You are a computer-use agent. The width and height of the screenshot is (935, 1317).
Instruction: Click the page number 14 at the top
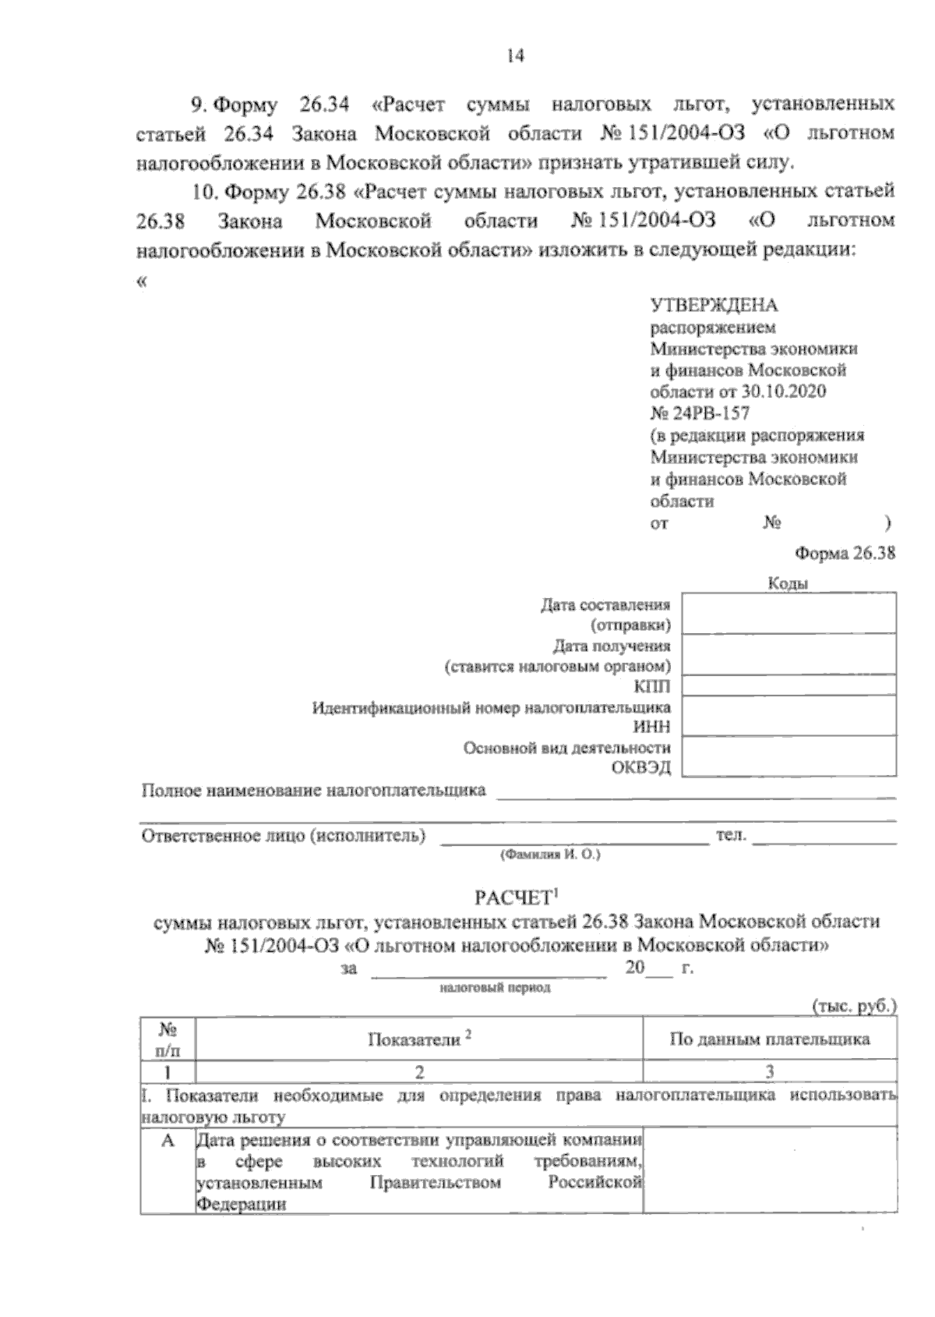click(x=515, y=56)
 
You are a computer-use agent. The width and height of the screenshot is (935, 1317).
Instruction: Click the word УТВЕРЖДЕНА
click(x=713, y=306)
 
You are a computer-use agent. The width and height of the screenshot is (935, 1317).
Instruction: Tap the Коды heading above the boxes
click(x=788, y=583)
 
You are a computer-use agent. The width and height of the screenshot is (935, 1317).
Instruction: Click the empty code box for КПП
click(x=789, y=685)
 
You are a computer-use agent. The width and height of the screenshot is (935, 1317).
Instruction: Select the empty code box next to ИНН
click(x=789, y=715)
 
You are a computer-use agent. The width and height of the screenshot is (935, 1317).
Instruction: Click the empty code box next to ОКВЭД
click(x=789, y=756)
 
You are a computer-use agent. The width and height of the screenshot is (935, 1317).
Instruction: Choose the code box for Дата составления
click(x=789, y=613)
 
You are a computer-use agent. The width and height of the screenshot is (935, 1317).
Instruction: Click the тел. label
click(x=731, y=836)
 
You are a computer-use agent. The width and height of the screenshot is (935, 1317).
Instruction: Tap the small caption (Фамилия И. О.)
click(x=549, y=855)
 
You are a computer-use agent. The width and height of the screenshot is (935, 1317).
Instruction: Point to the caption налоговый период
click(x=495, y=988)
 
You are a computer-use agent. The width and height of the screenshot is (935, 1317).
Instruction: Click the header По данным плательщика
click(x=769, y=1039)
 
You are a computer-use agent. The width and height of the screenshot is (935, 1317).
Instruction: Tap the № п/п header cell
click(x=168, y=1039)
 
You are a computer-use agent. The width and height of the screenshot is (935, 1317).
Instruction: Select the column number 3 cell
click(x=769, y=1071)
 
